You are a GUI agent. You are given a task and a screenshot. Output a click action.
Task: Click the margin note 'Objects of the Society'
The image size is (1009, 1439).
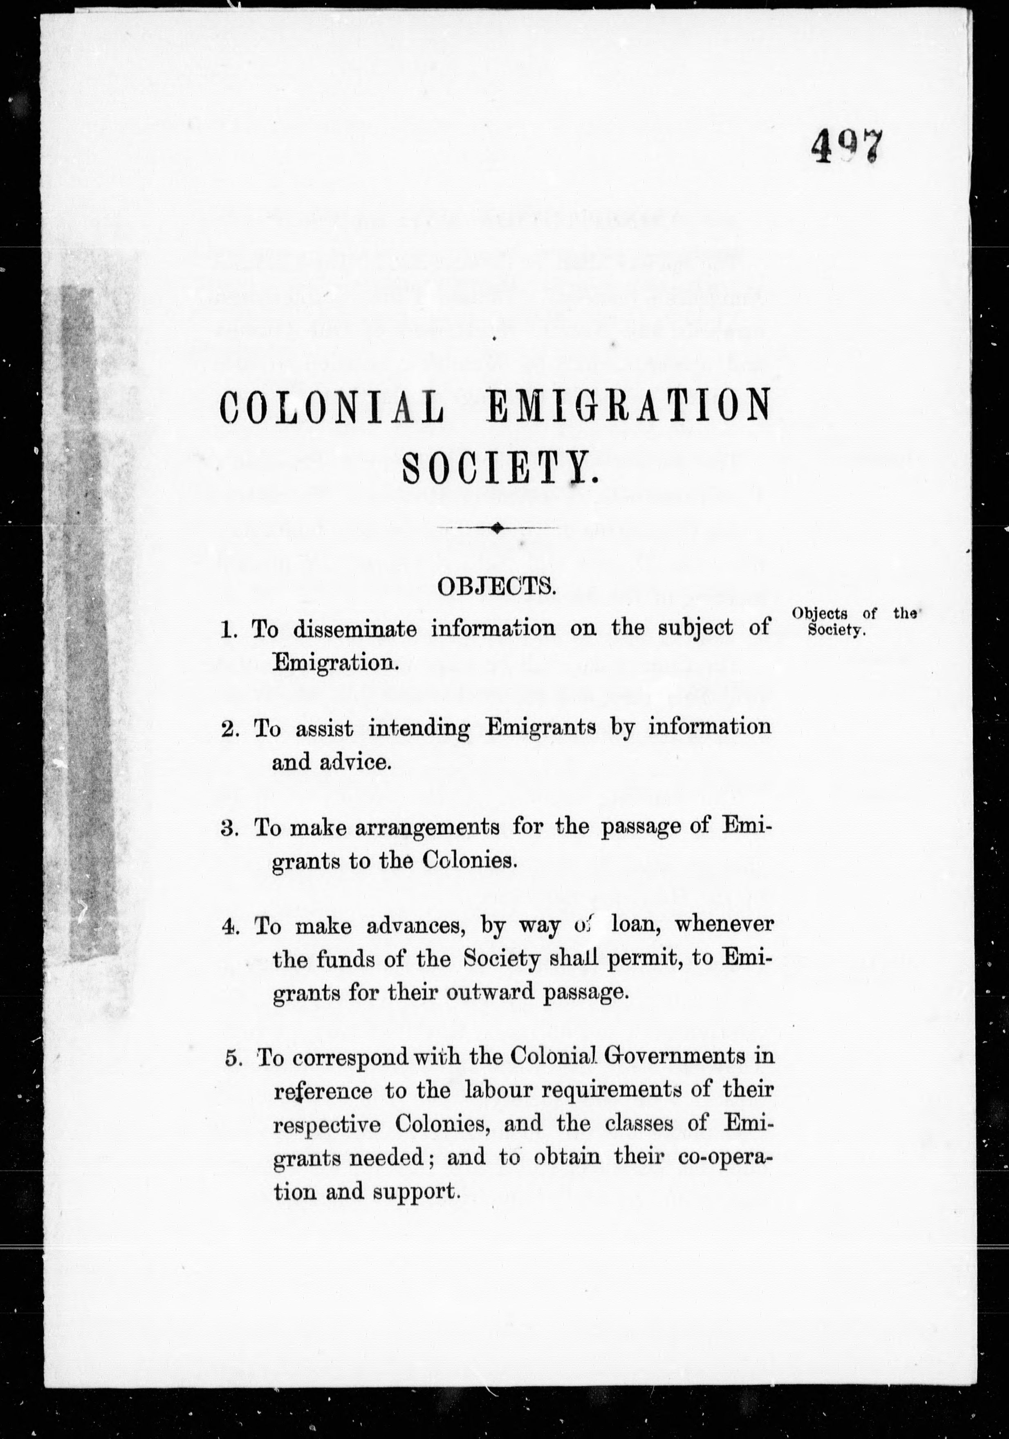pyautogui.click(x=854, y=621)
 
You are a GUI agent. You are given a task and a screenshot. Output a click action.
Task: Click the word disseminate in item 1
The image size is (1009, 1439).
pyautogui.click(x=354, y=629)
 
